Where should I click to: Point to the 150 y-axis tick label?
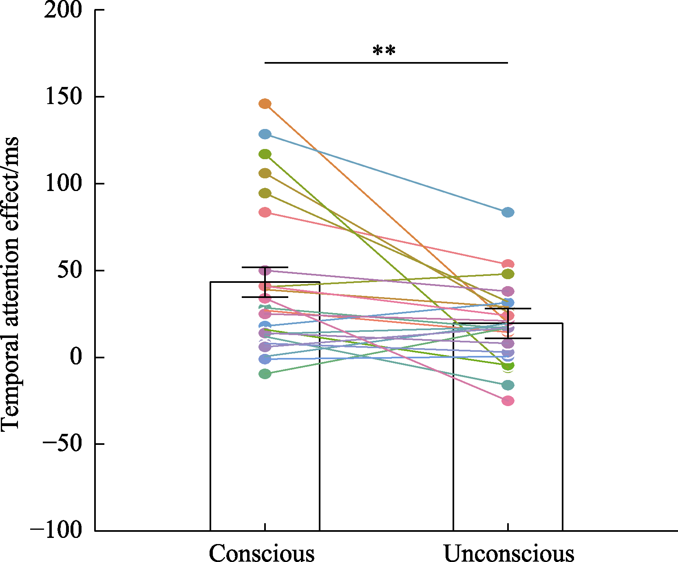[x=63, y=97]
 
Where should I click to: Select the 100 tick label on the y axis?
[x=63, y=184]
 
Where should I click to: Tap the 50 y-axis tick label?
[x=70, y=271]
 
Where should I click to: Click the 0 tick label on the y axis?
[x=76, y=358]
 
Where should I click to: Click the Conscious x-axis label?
[x=262, y=554]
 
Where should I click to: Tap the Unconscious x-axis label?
[x=508, y=554]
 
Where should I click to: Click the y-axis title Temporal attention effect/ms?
[x=10, y=283]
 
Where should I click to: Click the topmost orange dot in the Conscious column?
[x=265, y=104]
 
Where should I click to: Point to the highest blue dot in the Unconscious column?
[x=508, y=212]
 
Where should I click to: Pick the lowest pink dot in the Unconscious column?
[x=508, y=401]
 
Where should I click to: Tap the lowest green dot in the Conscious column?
[x=265, y=374]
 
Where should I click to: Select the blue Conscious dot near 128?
[x=265, y=134]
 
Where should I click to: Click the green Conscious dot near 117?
[x=265, y=154]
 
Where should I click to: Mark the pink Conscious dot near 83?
[x=265, y=213]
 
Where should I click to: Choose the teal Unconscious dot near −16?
[x=508, y=385]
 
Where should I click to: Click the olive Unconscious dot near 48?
[x=508, y=274]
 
